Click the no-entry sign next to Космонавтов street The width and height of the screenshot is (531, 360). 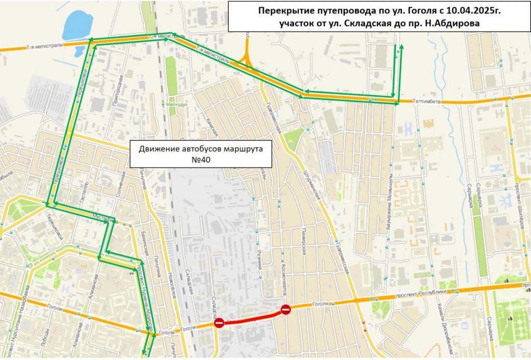coord(286,310)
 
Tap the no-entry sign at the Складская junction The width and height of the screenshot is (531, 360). coord(219,323)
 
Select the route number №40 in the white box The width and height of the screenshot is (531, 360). coord(201,160)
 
